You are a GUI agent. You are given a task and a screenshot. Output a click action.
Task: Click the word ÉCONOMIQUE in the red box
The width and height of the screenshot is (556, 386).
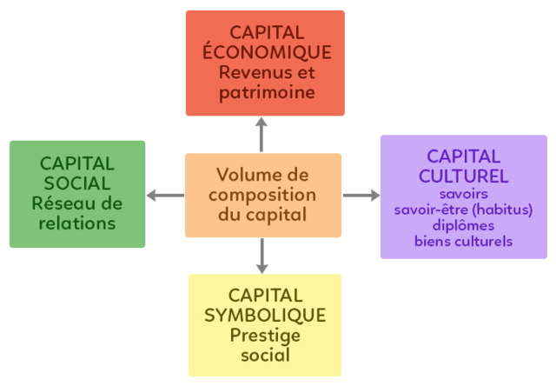265,52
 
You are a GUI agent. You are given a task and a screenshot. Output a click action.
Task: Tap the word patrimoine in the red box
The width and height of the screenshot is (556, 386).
265,91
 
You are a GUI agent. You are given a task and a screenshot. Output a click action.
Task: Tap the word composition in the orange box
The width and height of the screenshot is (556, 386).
262,194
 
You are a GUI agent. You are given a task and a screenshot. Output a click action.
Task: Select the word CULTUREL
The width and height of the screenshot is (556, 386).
464,176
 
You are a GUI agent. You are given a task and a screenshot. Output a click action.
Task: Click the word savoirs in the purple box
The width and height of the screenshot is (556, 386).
463,194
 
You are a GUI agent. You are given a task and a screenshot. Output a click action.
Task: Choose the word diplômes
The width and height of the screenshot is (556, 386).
463,225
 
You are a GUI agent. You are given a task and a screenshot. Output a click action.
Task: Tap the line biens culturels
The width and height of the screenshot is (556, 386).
463,241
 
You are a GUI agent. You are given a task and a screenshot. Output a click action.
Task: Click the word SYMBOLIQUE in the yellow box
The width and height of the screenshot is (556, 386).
265,315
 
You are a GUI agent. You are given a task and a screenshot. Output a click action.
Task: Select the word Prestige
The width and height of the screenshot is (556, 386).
265,335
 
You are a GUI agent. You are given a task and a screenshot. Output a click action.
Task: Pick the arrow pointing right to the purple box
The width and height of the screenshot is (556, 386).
361,196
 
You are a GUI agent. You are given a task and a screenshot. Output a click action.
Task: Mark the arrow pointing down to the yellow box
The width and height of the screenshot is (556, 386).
261,256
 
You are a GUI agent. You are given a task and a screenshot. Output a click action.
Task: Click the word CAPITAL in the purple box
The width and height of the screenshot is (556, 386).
463,157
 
